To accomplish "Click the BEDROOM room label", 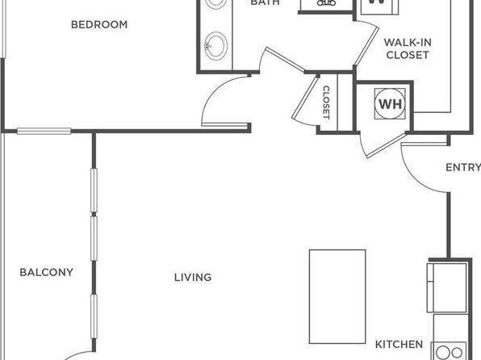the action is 99,24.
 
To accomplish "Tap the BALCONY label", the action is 46,272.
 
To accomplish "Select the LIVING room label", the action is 193,278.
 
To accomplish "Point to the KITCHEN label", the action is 399,345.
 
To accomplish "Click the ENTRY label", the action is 463,168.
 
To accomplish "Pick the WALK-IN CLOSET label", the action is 408,48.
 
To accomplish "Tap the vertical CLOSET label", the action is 326,103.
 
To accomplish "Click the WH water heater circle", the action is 390,104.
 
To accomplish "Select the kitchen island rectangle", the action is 337,296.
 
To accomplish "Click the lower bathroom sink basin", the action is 215,46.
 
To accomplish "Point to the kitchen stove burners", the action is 450,352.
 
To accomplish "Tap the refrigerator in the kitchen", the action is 447,287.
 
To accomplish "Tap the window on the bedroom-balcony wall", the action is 44,131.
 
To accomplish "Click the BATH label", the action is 265,2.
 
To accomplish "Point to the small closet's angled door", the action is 306,98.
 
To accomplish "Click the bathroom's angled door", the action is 285,60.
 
